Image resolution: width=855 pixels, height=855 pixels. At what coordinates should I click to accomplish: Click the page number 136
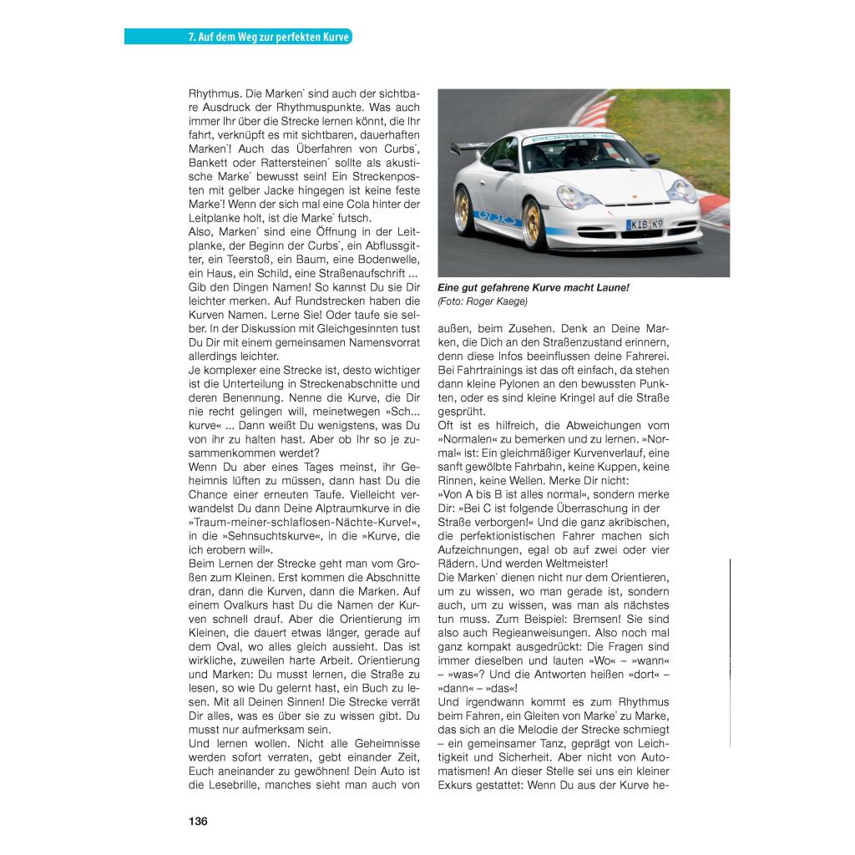point(198,821)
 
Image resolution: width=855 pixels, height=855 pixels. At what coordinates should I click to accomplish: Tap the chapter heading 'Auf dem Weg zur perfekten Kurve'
point(269,38)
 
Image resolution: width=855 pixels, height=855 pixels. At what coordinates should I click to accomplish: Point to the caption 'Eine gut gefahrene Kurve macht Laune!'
point(534,287)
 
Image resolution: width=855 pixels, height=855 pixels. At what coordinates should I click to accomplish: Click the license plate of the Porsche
point(645,225)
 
